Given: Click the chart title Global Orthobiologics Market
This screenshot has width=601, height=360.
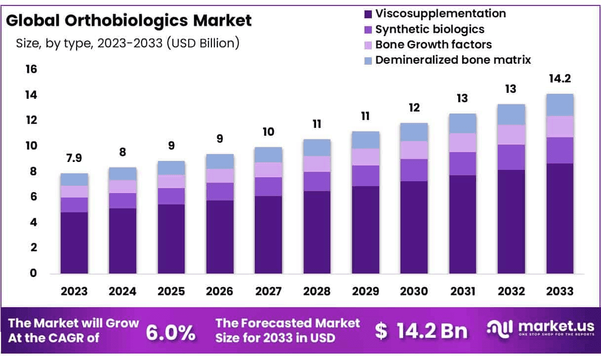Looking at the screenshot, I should coord(128,21).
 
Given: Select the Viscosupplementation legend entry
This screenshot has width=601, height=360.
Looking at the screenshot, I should coord(440,13).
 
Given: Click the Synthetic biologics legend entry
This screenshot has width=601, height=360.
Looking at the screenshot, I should coord(429,29).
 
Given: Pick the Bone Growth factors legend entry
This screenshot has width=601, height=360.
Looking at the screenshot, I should coord(433,44).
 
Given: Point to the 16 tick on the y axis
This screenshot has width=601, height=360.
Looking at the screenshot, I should coord(31,69).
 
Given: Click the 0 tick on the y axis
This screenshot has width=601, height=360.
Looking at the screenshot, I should coord(33,273).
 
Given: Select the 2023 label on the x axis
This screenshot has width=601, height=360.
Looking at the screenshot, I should coord(74,291).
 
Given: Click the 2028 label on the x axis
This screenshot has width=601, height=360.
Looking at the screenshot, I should coord(317,291).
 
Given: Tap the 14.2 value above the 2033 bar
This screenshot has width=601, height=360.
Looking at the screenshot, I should coord(560,79).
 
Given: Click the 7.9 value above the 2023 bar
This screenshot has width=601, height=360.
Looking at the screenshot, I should coord(74,159).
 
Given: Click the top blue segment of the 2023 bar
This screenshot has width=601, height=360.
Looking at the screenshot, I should coord(74,179).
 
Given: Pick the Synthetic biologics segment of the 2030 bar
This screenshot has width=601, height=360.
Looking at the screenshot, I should coord(414,170).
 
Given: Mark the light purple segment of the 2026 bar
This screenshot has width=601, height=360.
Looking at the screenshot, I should coord(220,176).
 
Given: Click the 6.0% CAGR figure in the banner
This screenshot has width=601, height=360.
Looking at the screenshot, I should coord(171,332).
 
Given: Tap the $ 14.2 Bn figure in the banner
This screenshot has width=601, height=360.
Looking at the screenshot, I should coord(421,331).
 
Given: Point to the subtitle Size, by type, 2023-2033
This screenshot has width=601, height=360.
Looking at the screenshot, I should coord(128,43).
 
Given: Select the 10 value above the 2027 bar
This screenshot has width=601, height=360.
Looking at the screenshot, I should coord(268,132).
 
